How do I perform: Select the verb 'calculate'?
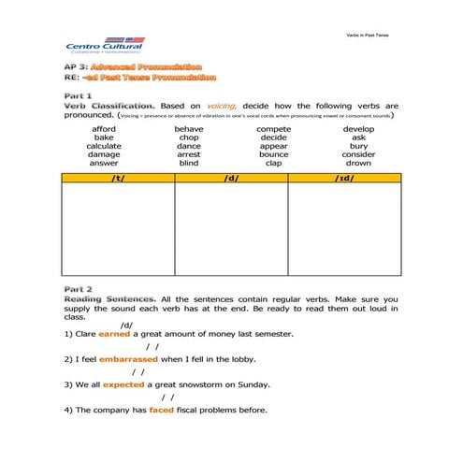[104, 146]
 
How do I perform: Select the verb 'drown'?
[358, 163]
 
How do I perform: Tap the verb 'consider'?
[358, 154]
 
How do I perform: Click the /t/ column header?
[118, 177]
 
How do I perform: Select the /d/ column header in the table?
[231, 177]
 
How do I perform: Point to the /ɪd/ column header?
[344, 177]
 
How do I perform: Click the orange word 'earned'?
[114, 333]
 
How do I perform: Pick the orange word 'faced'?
[162, 410]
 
